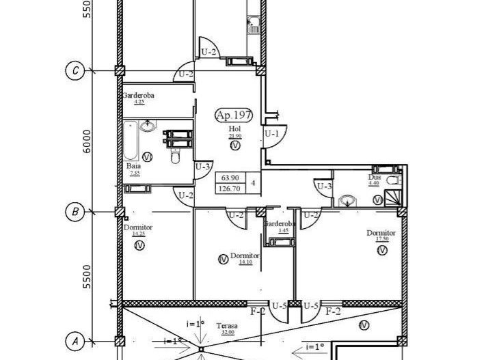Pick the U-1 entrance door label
click(x=271, y=134)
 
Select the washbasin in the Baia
click(x=148, y=126)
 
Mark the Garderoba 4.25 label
click(x=139, y=97)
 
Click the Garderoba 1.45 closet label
click(x=280, y=225)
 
